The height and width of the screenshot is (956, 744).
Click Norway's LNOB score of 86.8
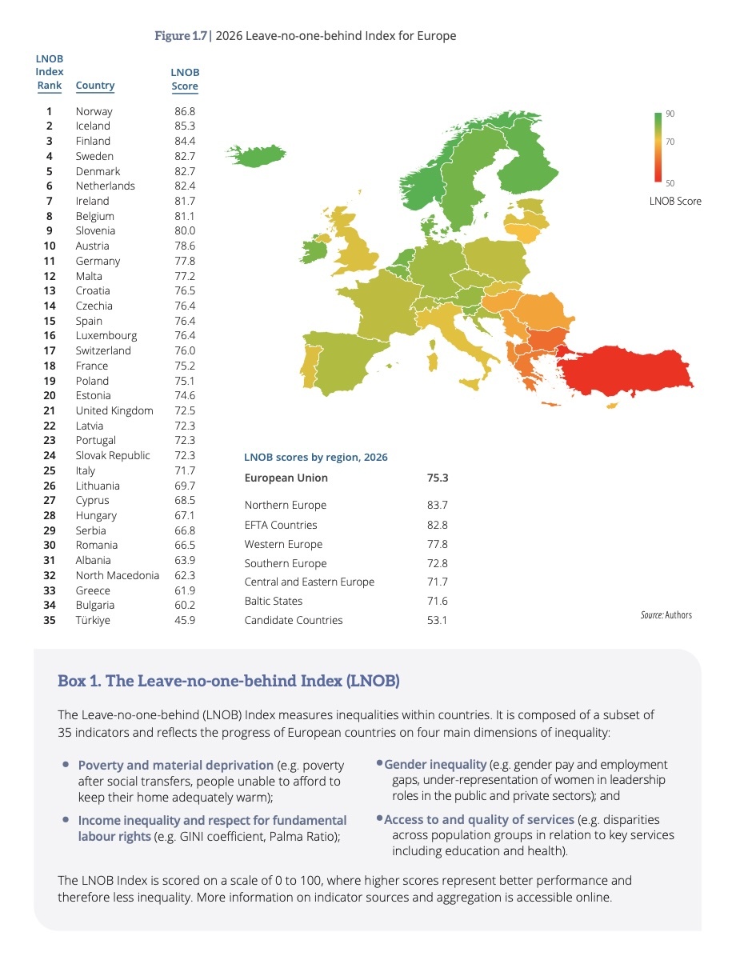185,111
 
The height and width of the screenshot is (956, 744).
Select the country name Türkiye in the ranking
93,620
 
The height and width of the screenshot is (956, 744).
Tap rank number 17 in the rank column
50,350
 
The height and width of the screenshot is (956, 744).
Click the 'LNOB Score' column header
185,79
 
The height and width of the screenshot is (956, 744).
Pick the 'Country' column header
95,86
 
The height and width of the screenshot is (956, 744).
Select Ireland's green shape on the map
315,250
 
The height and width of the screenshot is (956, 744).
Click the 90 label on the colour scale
670,114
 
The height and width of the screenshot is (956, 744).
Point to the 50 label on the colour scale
670,183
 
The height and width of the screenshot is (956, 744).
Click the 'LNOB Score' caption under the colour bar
675,201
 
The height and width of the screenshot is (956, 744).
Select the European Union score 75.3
438,478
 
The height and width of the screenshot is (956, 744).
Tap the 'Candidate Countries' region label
294,620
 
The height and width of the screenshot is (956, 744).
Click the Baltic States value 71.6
438,601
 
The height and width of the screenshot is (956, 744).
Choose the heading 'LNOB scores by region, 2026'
316,458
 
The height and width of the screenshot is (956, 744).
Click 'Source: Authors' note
666,615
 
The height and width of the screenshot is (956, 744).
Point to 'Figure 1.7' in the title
181,36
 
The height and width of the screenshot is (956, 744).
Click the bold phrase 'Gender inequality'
435,765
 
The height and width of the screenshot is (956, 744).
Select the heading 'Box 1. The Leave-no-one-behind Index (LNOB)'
229,681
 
